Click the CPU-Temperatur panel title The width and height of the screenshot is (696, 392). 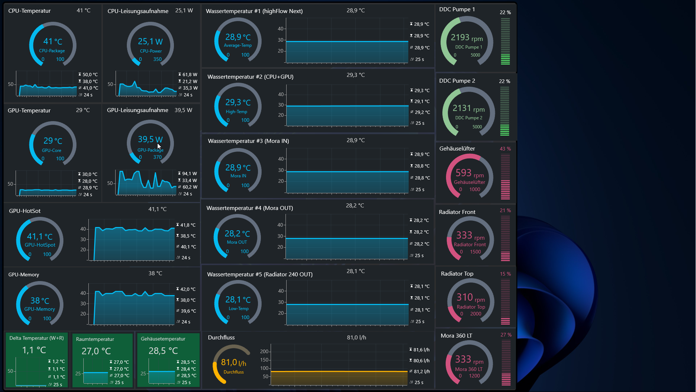29,11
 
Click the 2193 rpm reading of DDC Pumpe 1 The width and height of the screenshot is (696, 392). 466,37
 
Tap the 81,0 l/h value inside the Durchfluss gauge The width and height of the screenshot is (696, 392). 233,362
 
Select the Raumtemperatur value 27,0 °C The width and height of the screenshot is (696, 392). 96,351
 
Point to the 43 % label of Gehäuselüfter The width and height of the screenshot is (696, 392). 505,149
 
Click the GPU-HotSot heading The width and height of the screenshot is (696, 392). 25,211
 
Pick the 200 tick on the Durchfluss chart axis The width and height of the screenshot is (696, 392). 264,351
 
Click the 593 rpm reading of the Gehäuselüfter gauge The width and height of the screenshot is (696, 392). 469,173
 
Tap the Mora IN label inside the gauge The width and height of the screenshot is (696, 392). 238,176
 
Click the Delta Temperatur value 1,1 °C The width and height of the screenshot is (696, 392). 34,350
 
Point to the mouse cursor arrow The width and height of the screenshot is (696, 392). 159,146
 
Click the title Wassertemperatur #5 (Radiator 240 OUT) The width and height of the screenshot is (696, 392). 259,275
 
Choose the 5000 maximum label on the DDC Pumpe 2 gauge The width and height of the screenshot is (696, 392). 477,127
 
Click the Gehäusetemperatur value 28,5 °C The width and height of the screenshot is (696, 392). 163,351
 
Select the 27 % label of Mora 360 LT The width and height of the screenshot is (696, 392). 506,335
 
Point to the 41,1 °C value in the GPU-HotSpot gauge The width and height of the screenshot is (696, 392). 39,237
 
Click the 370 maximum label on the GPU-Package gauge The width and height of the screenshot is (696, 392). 157,157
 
